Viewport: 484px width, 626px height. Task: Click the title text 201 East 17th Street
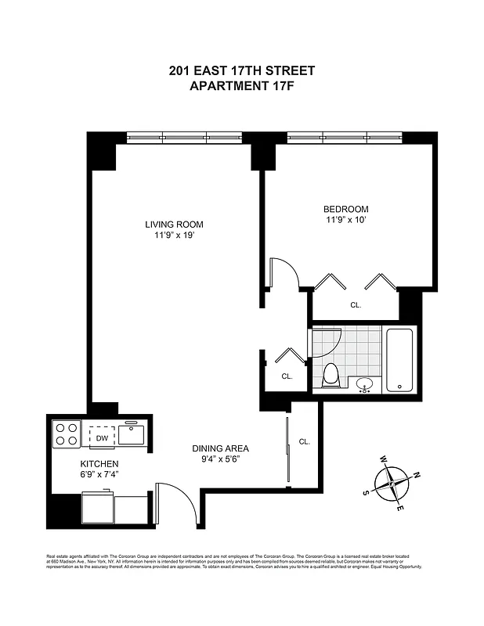pos(242,70)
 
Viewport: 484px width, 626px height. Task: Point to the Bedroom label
pos(345,209)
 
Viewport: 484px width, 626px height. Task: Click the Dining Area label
pos(221,448)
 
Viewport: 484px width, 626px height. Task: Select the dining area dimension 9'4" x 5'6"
pos(221,459)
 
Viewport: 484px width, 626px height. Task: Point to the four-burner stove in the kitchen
pos(65,434)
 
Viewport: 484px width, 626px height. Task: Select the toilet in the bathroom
pos(330,375)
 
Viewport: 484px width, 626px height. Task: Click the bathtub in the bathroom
pos(399,359)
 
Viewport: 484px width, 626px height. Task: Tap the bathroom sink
pos(364,384)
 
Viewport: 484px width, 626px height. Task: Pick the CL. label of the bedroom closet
pos(356,305)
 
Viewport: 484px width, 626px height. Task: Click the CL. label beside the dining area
pos(304,441)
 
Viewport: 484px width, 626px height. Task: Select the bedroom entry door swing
pos(283,274)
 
